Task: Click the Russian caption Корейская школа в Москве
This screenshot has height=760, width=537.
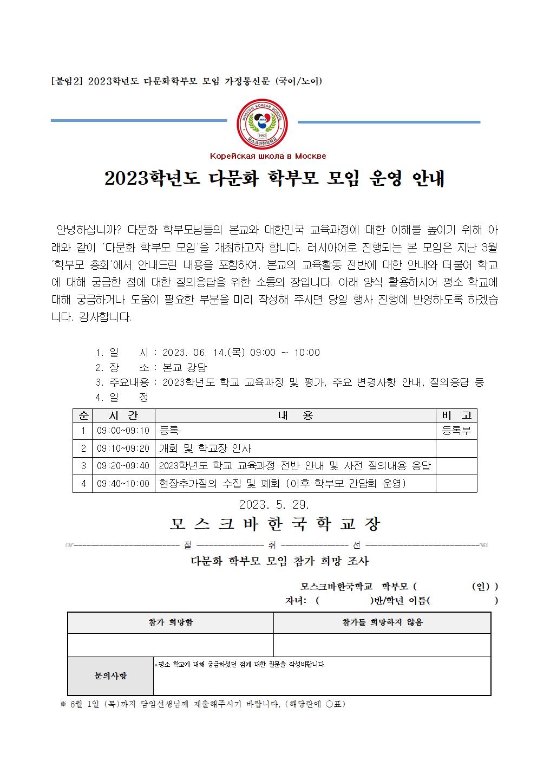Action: (268, 156)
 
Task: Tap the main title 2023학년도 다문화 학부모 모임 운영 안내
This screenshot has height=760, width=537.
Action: (274, 178)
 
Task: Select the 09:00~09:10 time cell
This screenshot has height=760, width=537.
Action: (123, 431)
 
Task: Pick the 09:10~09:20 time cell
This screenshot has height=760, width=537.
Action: (123, 449)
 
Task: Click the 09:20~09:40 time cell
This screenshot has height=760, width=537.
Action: (123, 466)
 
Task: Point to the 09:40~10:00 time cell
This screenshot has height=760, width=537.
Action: (123, 483)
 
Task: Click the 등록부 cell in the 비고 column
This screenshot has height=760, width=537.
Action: (456, 431)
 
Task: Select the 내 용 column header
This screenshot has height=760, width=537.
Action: (295, 415)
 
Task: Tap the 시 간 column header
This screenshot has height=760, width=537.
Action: (123, 415)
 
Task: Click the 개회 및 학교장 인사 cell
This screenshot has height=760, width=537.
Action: (205, 449)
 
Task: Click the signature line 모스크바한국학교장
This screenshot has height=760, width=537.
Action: (275, 524)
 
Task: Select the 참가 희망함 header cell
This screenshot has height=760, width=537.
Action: (171, 622)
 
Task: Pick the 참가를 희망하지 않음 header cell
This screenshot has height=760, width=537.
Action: (382, 622)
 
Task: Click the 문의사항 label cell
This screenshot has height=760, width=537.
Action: (110, 675)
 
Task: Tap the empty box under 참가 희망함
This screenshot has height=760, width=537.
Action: (171, 645)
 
